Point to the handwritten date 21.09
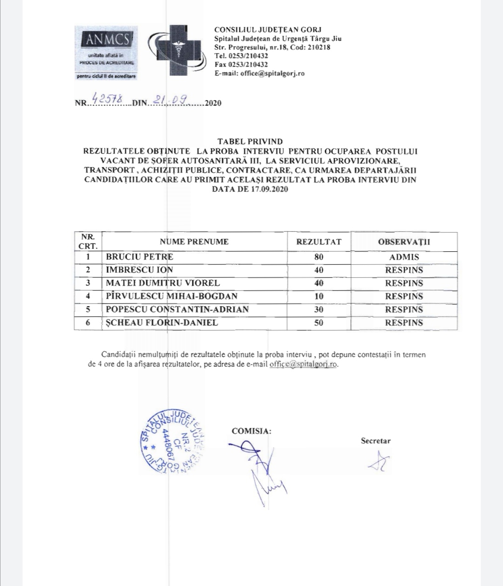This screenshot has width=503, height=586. point(170,99)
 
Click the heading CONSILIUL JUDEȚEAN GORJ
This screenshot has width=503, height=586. point(268,30)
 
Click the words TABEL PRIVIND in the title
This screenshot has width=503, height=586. point(250,141)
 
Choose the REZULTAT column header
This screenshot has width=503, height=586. point(319,242)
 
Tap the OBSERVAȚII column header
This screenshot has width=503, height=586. point(404,242)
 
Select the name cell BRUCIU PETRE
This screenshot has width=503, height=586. point(140,257)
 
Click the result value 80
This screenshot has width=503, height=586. point(319,257)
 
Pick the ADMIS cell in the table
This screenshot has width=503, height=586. point(404,257)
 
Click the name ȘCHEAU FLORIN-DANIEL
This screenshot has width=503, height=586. point(162,323)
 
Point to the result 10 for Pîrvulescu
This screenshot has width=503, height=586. point(319,296)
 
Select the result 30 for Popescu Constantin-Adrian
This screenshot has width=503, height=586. point(319,310)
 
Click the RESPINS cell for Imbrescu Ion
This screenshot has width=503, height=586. point(404,270)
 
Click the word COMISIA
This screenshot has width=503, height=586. point(251,431)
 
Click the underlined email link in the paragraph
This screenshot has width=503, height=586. point(303,364)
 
